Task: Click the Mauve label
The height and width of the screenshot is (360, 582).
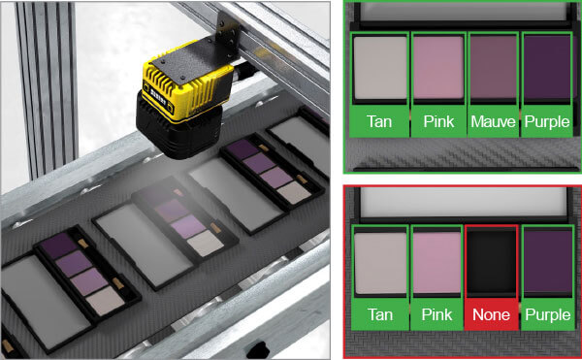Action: coord(493,121)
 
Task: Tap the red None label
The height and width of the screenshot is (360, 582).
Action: coord(491,314)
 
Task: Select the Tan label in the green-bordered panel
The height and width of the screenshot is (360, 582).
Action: coord(379,121)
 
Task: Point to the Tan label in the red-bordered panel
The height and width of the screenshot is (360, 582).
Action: coord(380,314)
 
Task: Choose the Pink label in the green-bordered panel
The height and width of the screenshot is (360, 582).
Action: coord(438,121)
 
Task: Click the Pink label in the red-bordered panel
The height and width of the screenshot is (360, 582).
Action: coord(436,314)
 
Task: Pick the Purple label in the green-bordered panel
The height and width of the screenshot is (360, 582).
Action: coord(547,122)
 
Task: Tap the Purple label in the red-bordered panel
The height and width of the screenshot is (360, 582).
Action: coord(548,315)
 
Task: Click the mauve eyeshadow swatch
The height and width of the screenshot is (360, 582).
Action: coord(494,67)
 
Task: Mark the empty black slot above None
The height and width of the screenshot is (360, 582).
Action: coord(491,261)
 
